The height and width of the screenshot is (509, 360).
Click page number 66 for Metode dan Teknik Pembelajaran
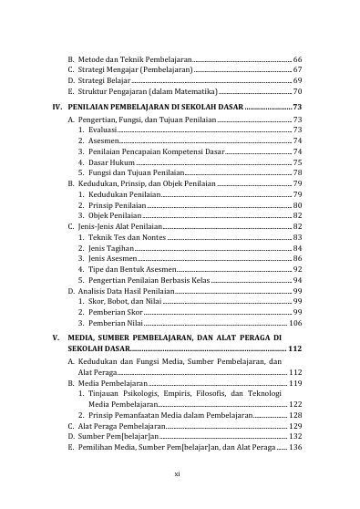coord(298,57)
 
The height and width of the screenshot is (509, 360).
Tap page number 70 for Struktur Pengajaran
coord(298,92)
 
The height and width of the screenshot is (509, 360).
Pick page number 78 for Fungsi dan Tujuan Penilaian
coord(298,172)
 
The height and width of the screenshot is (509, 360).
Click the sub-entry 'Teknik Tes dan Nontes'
coord(120,237)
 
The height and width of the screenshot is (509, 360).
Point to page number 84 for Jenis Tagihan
coord(298,248)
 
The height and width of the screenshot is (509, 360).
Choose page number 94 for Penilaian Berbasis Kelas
coord(298,280)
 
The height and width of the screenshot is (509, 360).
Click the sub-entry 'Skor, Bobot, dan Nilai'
coord(118,302)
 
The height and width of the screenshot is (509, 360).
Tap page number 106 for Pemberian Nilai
coord(295,323)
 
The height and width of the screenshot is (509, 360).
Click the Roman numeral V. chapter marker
coord(56,339)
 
